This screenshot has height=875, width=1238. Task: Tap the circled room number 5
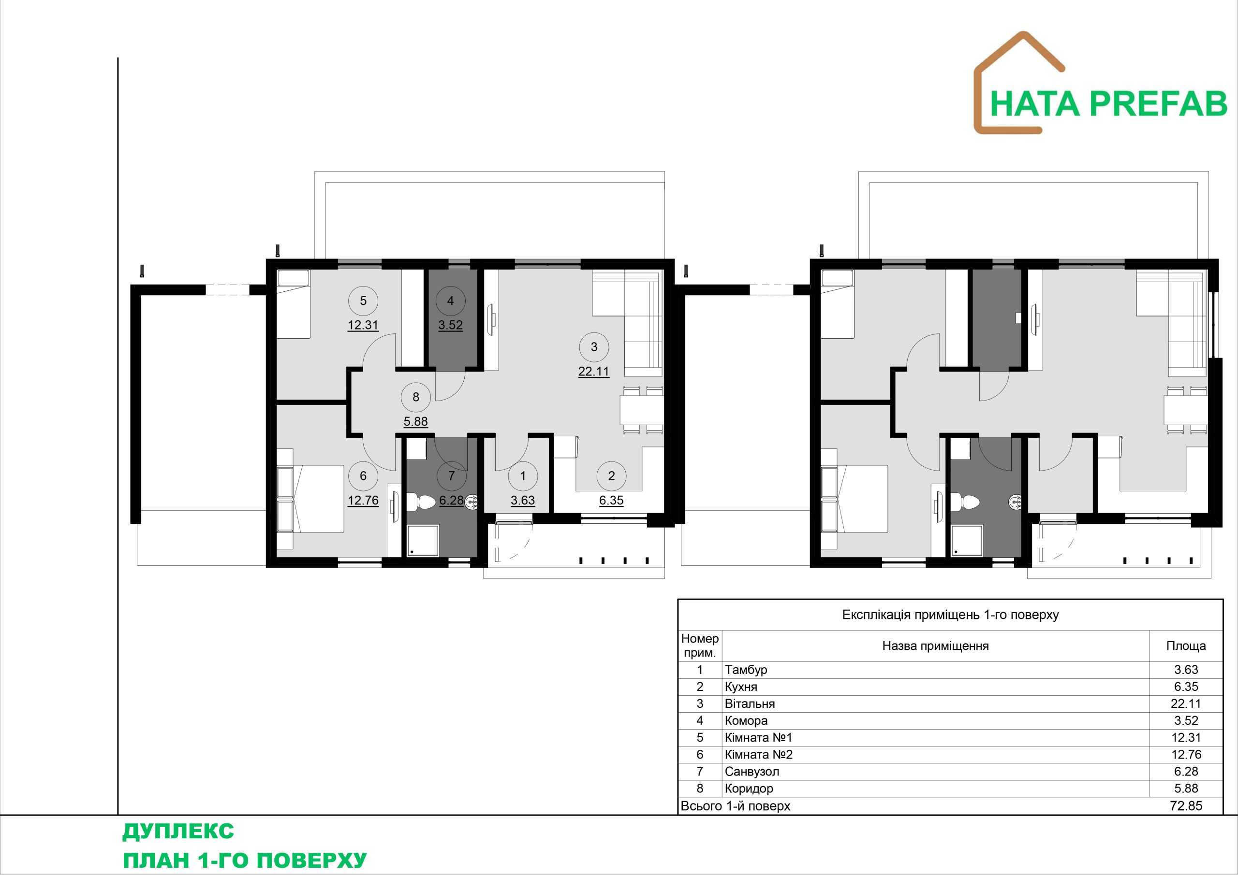[x=363, y=301]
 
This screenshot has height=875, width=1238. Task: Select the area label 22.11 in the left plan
[x=594, y=372]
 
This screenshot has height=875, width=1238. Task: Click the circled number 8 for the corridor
[x=416, y=397]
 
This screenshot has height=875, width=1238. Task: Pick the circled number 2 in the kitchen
[x=611, y=476]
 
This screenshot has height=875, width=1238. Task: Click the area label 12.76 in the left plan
[x=363, y=501]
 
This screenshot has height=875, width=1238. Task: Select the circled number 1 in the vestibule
[x=522, y=476]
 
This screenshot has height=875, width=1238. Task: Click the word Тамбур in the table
[x=746, y=670]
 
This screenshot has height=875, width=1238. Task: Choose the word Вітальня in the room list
[x=750, y=703]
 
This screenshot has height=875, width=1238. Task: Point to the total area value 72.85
[x=1186, y=806]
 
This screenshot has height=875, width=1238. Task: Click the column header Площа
[x=1186, y=646]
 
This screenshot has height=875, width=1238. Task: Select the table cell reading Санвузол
[x=752, y=772]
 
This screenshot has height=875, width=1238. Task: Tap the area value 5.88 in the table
[x=1186, y=788]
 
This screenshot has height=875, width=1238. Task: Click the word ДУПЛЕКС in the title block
[x=178, y=832]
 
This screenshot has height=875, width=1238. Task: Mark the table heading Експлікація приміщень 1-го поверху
[x=951, y=615]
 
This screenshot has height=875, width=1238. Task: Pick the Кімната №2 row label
[x=758, y=754]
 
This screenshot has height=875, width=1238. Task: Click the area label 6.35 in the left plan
[x=611, y=501]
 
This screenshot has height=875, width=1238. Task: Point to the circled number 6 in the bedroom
[x=363, y=476]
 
